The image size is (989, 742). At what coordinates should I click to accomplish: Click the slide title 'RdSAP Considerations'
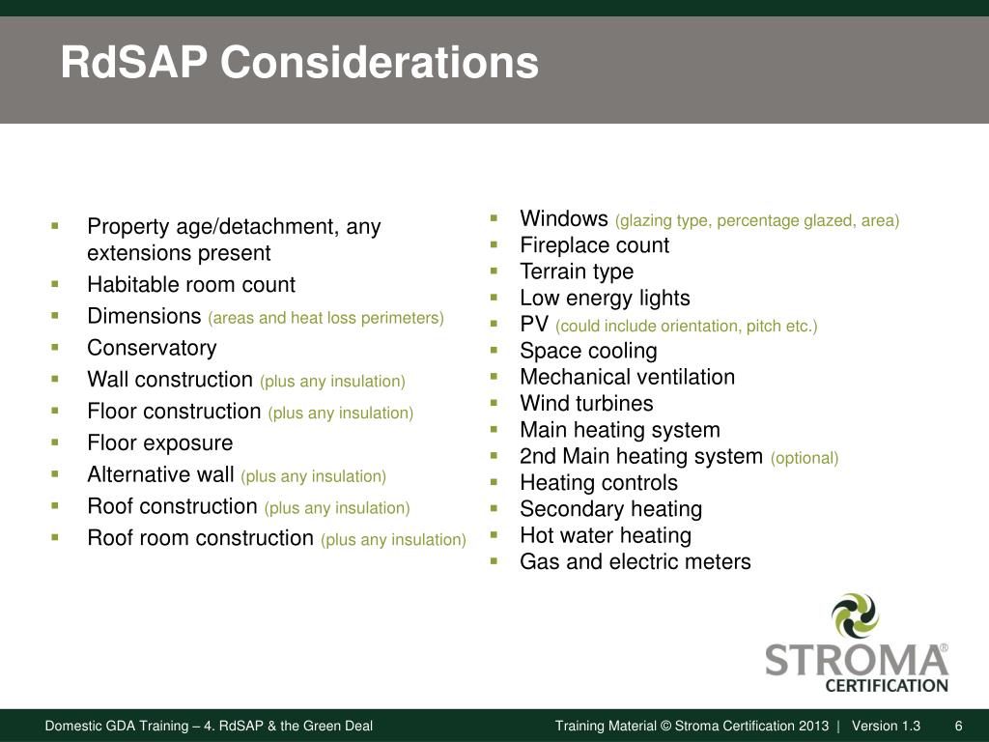point(299,64)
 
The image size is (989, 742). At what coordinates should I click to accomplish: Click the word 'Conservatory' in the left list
point(152,348)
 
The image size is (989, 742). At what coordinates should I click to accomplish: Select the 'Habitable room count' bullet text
point(190,285)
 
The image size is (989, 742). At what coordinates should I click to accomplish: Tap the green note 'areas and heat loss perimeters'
point(325,318)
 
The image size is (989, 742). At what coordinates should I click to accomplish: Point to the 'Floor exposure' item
point(159,443)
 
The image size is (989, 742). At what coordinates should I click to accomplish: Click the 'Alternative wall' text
point(160,475)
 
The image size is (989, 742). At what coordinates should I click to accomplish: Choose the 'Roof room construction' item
point(200,538)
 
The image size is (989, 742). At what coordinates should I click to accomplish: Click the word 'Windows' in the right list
point(563,219)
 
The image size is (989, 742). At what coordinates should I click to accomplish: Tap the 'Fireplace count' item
point(594,245)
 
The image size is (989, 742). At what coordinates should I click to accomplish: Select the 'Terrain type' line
point(577,271)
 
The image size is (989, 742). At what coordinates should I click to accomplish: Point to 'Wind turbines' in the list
point(586,404)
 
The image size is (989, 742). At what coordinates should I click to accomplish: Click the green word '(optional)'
point(805,458)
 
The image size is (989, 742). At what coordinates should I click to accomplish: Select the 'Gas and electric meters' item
point(635,561)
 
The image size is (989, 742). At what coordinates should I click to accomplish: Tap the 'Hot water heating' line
point(606,535)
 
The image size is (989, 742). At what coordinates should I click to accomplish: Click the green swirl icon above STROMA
point(855,615)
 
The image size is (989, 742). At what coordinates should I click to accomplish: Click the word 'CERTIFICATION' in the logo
point(886,686)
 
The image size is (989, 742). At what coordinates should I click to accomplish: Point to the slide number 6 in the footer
point(958,727)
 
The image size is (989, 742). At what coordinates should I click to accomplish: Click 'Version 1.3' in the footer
point(886,727)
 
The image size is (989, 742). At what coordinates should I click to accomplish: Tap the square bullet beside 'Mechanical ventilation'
point(494,376)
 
